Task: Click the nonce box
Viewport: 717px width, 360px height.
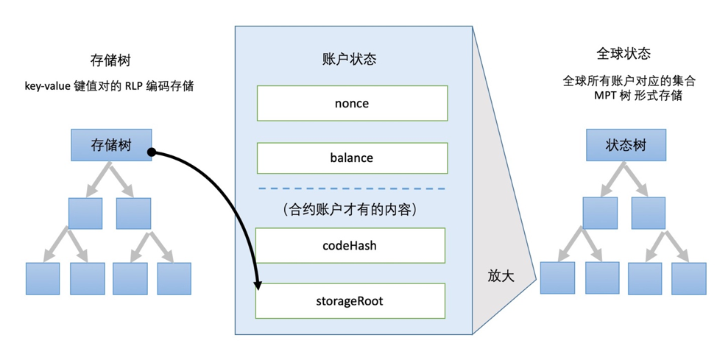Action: (x=352, y=103)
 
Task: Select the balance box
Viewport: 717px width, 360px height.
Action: (x=352, y=158)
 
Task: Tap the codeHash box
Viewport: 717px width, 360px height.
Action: (x=350, y=245)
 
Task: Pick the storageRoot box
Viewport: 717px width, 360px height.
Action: (x=350, y=301)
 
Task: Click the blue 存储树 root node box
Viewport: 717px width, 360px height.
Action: (x=111, y=145)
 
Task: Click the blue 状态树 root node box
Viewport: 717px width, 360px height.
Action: (x=626, y=145)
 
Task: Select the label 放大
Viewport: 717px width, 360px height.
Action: (x=501, y=275)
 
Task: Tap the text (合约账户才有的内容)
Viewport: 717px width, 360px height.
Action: (x=350, y=210)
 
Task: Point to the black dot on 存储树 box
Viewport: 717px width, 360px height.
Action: (x=150, y=152)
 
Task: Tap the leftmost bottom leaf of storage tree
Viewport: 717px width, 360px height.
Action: (x=43, y=278)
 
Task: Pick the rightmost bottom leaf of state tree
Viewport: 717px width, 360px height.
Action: (x=688, y=278)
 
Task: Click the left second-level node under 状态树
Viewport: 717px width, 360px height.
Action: (x=600, y=213)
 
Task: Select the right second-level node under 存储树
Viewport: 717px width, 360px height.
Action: (x=133, y=213)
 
